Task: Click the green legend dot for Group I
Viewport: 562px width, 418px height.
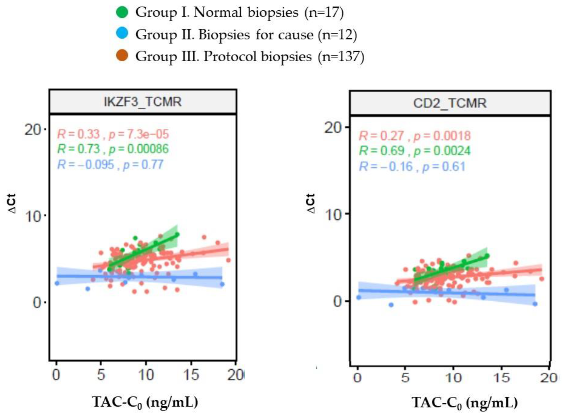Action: (x=122, y=12)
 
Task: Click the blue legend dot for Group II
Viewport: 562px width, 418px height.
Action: (x=122, y=33)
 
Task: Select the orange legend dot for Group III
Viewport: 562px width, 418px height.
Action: (x=122, y=55)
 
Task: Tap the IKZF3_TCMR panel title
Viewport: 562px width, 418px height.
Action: (x=143, y=102)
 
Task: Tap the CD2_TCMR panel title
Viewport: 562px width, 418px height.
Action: (x=450, y=103)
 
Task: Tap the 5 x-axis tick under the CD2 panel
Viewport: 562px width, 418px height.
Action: (x=405, y=378)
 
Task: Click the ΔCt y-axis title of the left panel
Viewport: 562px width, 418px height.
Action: (x=12, y=204)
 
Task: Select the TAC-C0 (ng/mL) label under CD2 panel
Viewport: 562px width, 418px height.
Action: (x=465, y=403)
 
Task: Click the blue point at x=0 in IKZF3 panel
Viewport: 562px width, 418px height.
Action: (x=57, y=283)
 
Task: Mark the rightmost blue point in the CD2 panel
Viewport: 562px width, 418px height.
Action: (x=535, y=304)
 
